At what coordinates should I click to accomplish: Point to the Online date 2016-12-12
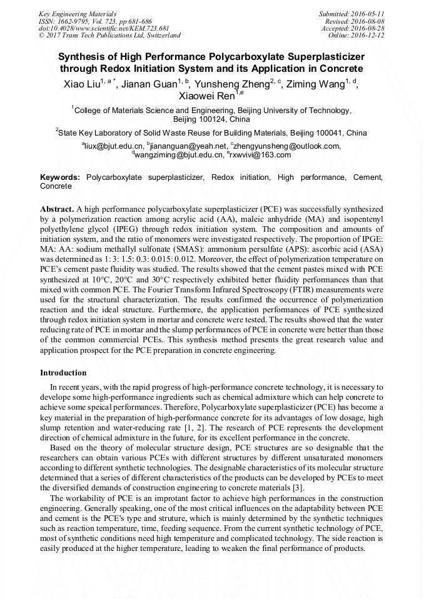[368, 36]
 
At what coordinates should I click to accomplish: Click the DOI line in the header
[104, 28]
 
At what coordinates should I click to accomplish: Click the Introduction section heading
[63, 373]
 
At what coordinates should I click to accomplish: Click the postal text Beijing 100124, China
[211, 119]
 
